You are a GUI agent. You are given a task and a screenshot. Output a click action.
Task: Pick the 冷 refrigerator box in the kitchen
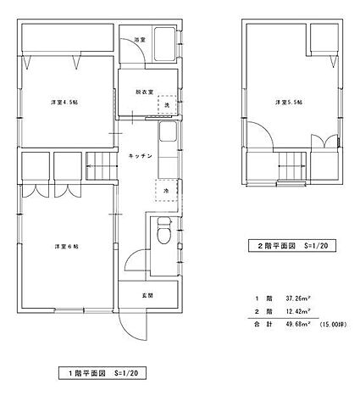click(x=166, y=192)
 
